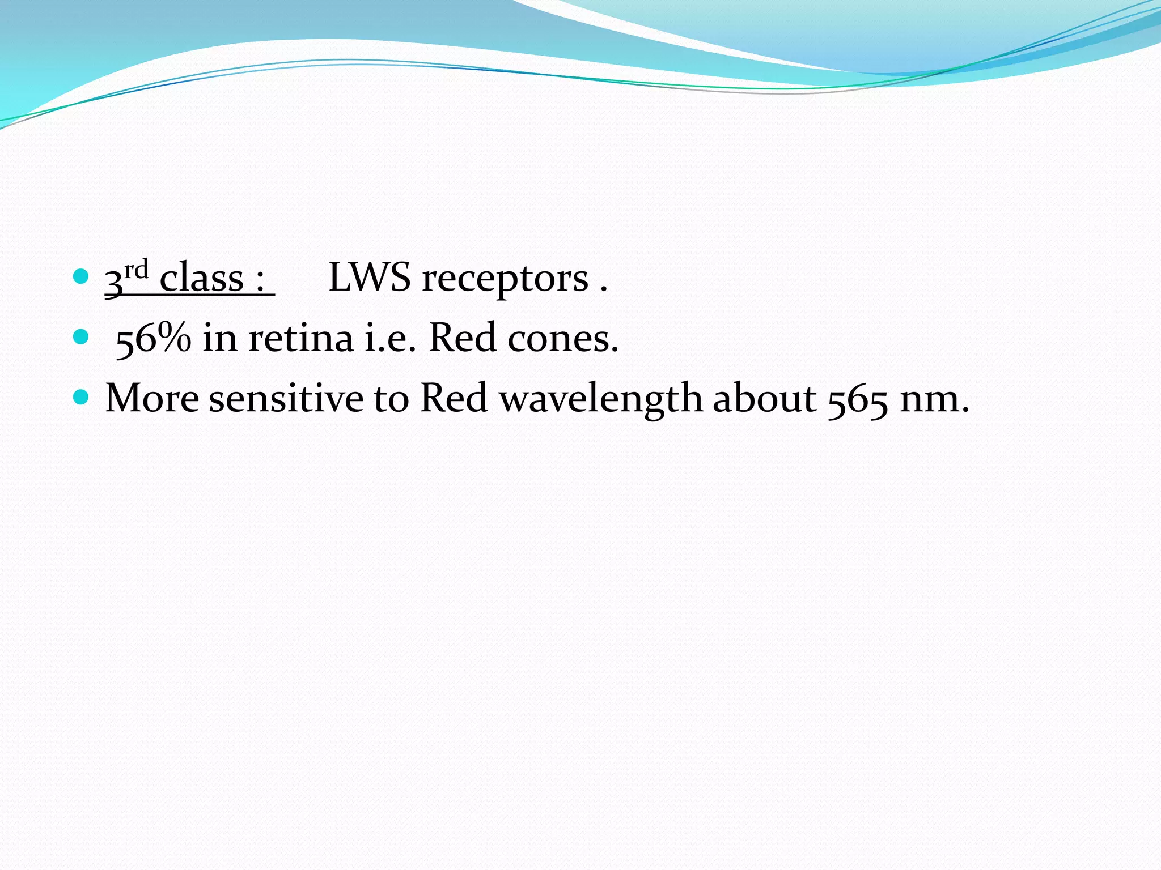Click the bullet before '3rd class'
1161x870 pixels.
(x=81, y=277)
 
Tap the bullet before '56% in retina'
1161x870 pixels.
(x=81, y=338)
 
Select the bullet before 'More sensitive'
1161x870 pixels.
(x=81, y=398)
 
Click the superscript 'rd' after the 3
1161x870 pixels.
(x=136, y=270)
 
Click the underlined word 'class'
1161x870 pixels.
(x=201, y=279)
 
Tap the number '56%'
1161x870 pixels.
(x=153, y=338)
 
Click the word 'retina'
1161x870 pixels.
(x=300, y=338)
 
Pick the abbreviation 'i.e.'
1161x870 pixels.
(x=391, y=338)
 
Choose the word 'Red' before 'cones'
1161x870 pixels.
(x=463, y=338)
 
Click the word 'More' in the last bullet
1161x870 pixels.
(x=152, y=398)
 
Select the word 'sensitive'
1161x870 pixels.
(x=286, y=398)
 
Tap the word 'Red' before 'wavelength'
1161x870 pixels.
(x=454, y=398)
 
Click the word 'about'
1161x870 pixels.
(x=764, y=398)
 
